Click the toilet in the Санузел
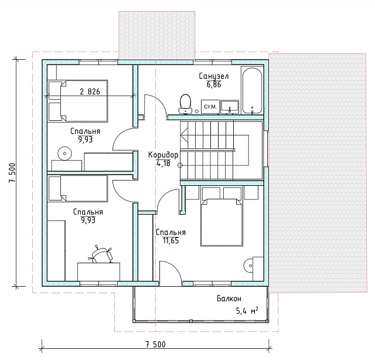(x=185, y=104)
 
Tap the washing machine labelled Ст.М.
(x=210, y=107)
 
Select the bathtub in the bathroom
(x=252, y=91)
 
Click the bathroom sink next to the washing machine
(x=230, y=107)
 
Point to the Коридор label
(x=163, y=155)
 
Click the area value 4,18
(x=163, y=164)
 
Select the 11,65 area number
(x=171, y=240)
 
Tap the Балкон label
(x=229, y=298)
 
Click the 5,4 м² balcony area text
(x=247, y=311)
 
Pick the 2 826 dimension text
(x=90, y=91)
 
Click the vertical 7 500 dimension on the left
(x=12, y=172)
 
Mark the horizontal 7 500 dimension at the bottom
(x=155, y=344)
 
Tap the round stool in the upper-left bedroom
(x=64, y=154)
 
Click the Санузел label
(x=213, y=76)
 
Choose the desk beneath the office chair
(x=98, y=271)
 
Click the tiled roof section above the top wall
(x=156, y=35)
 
